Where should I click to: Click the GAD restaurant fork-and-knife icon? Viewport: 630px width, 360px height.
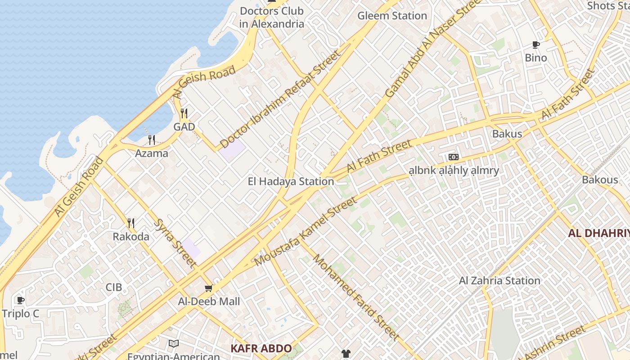pyautogui.click(x=184, y=113)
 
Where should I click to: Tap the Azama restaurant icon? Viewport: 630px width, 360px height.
pyautogui.click(x=152, y=140)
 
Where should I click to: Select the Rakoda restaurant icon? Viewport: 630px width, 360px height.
pyautogui.click(x=130, y=223)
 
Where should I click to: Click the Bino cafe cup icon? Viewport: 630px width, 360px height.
pyautogui.click(x=535, y=45)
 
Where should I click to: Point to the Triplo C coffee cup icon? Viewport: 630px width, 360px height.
pyautogui.click(x=20, y=300)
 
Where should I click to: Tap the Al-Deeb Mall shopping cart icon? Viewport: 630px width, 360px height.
pyautogui.click(x=208, y=288)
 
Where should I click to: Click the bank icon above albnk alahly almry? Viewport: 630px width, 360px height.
pyautogui.click(x=453, y=157)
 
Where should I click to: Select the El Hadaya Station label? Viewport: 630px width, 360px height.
pyautogui.click(x=291, y=181)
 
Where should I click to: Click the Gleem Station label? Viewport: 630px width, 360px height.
pyautogui.click(x=392, y=16)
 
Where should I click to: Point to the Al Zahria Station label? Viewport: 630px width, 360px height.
pyautogui.click(x=499, y=281)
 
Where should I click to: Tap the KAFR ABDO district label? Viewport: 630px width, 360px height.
pyautogui.click(x=261, y=348)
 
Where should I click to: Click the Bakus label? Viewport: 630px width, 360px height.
pyautogui.click(x=507, y=134)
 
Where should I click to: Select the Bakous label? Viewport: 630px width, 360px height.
pyautogui.click(x=600, y=180)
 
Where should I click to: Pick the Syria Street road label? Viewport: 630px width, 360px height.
pyautogui.click(x=175, y=243)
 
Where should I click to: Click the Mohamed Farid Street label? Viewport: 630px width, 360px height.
pyautogui.click(x=356, y=297)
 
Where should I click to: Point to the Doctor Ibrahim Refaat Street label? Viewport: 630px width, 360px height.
pyautogui.click(x=281, y=99)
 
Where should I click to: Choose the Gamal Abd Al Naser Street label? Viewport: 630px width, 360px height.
pyautogui.click(x=431, y=49)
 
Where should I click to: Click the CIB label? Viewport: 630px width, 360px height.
pyautogui.click(x=114, y=287)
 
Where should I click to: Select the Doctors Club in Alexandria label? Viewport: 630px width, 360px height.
pyautogui.click(x=272, y=17)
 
